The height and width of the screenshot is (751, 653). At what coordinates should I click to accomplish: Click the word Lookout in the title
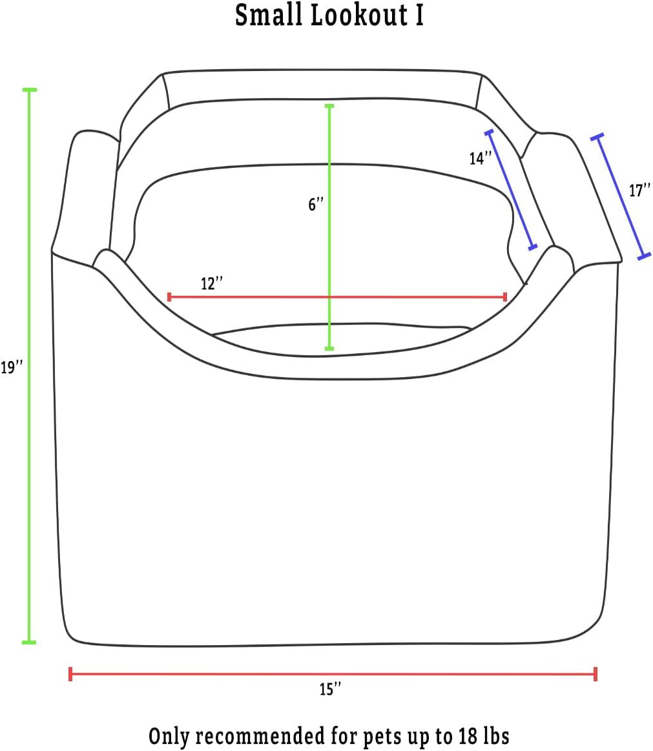359,15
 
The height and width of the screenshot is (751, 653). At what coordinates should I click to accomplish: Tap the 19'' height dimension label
12,368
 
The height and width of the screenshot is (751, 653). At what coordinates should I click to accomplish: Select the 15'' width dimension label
330,689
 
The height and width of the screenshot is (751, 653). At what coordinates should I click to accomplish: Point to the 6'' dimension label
316,205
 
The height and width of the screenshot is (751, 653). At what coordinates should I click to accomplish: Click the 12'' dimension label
212,283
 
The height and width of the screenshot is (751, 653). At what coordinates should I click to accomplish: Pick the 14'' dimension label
480,158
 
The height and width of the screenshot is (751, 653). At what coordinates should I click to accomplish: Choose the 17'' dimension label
639,190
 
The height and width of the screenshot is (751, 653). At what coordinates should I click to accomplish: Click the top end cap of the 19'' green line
29,90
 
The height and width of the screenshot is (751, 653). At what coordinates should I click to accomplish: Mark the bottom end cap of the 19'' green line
29,642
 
